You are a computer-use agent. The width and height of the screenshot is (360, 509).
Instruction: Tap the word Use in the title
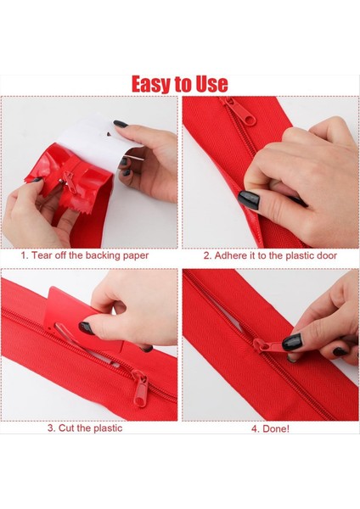211,84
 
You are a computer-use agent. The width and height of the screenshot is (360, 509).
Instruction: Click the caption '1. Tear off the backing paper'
85,255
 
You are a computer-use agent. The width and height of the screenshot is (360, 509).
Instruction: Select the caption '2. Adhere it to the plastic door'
270,255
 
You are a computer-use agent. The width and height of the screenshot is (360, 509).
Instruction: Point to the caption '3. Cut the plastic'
85,428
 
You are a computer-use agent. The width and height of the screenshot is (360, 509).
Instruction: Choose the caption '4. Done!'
270,428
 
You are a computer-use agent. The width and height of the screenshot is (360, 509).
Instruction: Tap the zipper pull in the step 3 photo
140,389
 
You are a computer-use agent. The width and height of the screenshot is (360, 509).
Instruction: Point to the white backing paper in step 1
98,146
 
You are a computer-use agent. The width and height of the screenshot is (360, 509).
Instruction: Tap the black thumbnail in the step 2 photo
249,200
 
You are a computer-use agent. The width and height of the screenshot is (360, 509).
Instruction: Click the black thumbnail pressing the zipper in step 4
291,342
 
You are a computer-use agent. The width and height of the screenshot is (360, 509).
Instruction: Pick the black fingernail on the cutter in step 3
87,328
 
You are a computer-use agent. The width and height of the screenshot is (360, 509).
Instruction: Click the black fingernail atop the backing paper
121,124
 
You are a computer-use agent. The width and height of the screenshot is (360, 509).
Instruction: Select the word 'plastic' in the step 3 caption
108,428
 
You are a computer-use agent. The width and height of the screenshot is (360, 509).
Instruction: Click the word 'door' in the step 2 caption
327,255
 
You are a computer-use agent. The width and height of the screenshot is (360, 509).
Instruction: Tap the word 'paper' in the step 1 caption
136,256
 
